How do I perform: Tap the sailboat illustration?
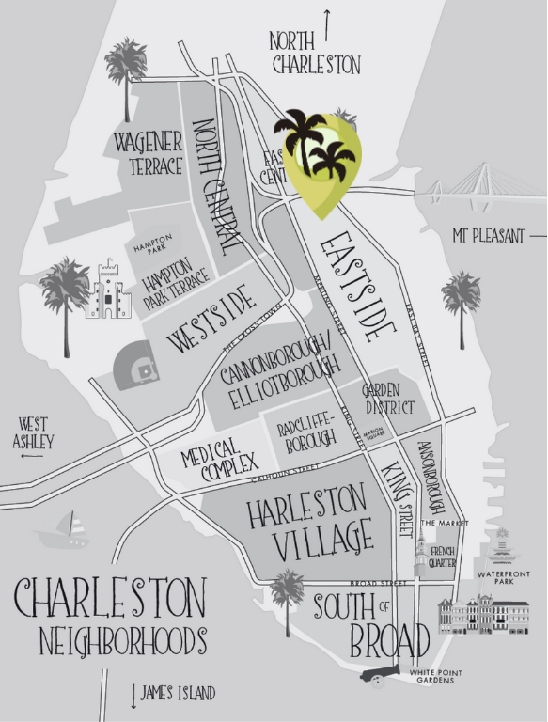64,531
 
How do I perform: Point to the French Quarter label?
444,557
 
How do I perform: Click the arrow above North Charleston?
327,23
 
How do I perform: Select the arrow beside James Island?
133,694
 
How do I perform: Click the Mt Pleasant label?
488,236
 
